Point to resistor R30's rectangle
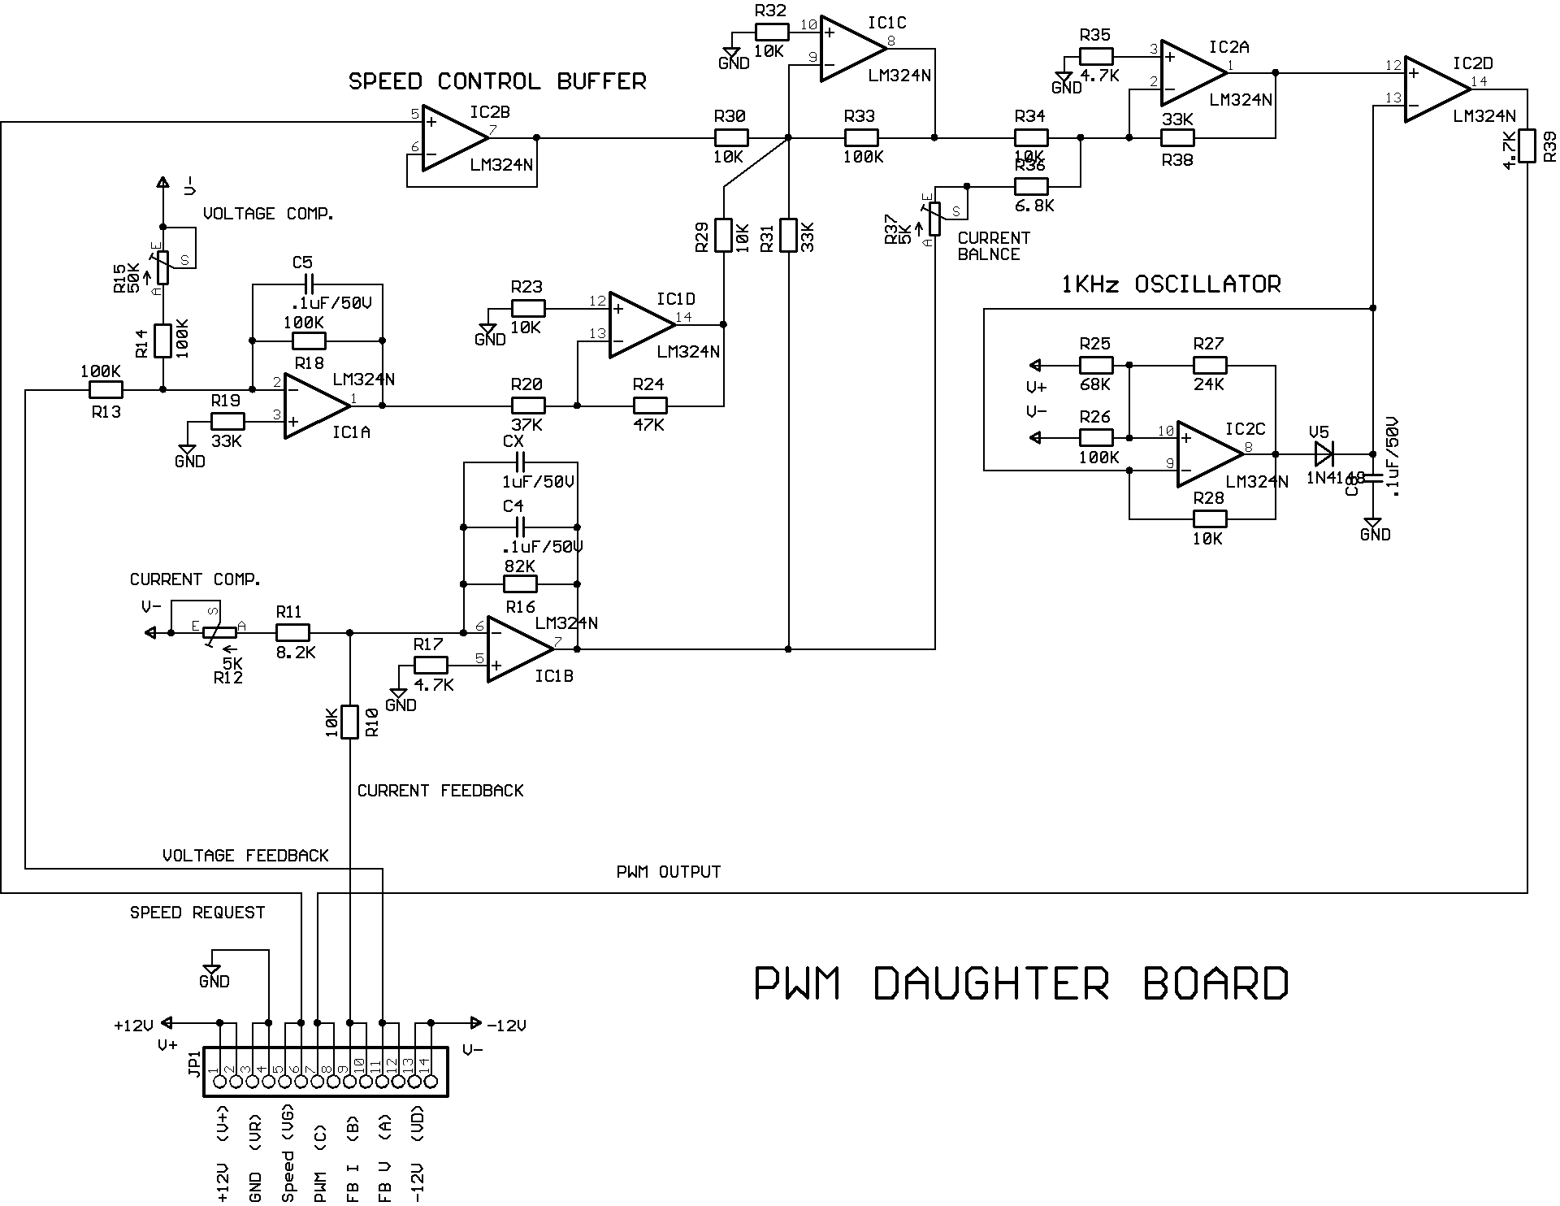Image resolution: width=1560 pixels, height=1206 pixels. click(730, 138)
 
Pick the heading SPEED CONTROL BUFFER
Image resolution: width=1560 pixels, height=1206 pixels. click(497, 81)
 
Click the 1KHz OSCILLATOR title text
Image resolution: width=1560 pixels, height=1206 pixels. click(1171, 284)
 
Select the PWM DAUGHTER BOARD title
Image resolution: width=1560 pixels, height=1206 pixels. click(1021, 983)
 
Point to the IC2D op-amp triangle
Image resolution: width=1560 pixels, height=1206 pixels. click(1434, 89)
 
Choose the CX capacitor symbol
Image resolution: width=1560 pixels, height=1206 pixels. click(519, 463)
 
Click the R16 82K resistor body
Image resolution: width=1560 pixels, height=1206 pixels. click(520, 584)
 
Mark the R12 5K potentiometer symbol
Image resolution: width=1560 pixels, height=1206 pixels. click(219, 633)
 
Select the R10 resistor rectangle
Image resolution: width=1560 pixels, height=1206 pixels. click(349, 722)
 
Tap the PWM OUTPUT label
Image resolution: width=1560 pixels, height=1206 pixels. click(669, 872)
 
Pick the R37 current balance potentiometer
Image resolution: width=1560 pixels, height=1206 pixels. click(934, 218)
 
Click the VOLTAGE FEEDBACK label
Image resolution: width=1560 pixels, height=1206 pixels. click(245, 856)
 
